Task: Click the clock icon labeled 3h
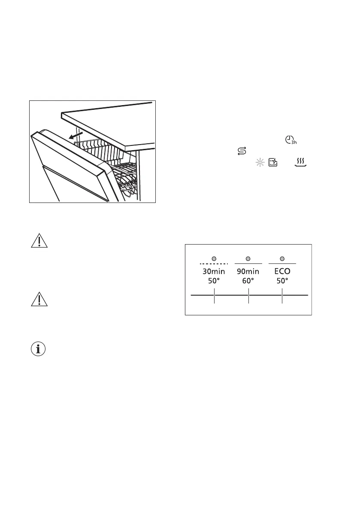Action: tap(290, 140)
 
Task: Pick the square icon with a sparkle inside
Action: tap(272, 162)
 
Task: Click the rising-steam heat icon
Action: tap(301, 162)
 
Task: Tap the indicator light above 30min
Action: tap(214, 259)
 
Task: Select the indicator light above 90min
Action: tap(248, 259)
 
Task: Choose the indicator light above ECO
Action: tap(282, 259)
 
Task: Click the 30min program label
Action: tap(214, 272)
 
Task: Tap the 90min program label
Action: tap(248, 272)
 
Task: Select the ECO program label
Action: tap(282, 272)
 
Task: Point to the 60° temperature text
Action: tap(248, 281)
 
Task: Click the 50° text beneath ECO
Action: tap(282, 281)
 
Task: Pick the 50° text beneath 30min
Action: tap(214, 281)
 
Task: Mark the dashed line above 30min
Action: tap(214, 263)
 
